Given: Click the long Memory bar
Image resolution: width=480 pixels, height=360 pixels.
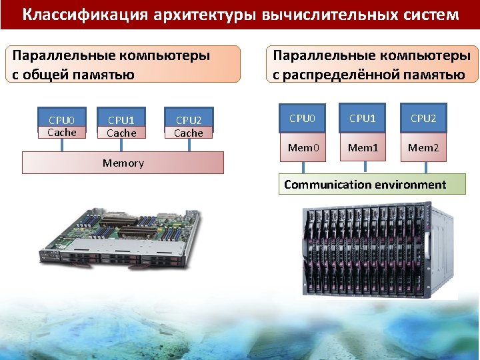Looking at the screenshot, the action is coord(123,163).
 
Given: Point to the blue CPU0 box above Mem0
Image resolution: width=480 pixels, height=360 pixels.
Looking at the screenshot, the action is coord(301,119).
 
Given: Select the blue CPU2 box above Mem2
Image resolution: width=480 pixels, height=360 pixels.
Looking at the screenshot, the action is coord(423,119).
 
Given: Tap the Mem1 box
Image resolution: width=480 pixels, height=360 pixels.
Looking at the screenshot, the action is coord(363,147).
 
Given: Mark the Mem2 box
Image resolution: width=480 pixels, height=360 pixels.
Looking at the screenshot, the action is coord(423,147).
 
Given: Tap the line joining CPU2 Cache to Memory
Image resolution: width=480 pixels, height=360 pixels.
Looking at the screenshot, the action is coord(189,145).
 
